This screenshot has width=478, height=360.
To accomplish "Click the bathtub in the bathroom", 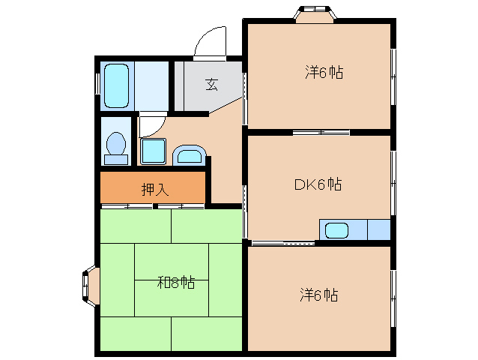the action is coord(116,85).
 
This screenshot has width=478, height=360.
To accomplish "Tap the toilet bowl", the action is coord(116,142).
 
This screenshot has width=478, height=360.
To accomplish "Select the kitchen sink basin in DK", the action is coord(336,230).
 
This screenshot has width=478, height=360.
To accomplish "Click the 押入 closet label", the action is coord(155,189).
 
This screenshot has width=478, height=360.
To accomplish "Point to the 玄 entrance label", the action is coord(212,85).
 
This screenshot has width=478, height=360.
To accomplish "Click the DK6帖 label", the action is coord(318,184).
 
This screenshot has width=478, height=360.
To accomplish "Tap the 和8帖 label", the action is coord(176,282).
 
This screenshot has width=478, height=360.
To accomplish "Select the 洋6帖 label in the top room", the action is coord(324,73).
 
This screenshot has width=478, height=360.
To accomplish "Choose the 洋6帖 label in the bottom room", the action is coord(319,295).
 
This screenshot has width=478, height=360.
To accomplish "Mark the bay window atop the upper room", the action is coord(315,14).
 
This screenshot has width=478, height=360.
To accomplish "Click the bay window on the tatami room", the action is coord(90,286).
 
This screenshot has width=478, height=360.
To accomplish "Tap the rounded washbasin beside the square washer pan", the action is coord(190,155).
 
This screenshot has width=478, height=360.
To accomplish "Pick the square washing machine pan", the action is coord(154,151).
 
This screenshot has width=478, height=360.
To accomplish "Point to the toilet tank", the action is coord(116,159).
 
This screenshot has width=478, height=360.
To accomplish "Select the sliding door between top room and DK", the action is coord(321,133).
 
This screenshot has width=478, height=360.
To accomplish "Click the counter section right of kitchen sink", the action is coord(379,229).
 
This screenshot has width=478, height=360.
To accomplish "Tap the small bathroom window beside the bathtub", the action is coord(97,83).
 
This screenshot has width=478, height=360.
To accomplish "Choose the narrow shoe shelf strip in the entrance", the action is coord(179,86).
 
